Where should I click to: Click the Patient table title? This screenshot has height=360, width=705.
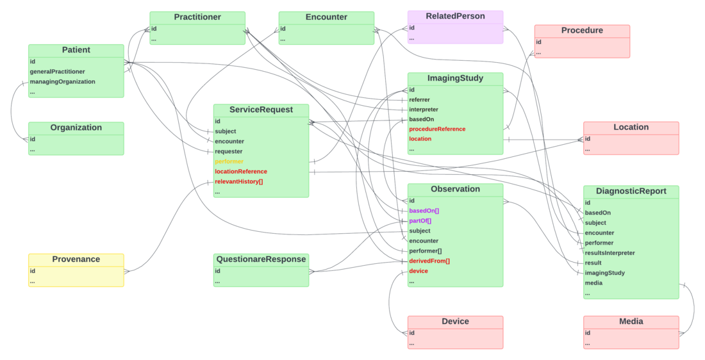coord(76,50)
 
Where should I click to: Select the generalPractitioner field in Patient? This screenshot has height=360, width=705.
coord(57,72)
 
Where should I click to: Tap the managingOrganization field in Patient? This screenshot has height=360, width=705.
coord(62,82)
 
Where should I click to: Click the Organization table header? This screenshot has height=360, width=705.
coord(76,127)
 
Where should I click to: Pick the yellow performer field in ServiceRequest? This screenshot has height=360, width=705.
coord(229,161)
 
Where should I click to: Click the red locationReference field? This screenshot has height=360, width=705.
coord(240,172)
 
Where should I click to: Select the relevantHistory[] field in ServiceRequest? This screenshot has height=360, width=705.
coord(238,182)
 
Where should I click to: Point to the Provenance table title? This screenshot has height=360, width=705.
coord(76,259)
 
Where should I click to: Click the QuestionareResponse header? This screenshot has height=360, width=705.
coord(261,259)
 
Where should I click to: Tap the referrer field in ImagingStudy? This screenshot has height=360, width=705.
coord(419,100)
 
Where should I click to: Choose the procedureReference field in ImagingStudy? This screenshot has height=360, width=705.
coord(437,129)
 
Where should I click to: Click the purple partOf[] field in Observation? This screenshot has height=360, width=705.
coord(420,221)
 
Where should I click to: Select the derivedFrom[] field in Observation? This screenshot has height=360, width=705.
coord(429,261)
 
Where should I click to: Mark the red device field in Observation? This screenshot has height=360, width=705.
coord(419,271)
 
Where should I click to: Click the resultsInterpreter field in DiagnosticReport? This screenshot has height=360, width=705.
coord(610,253)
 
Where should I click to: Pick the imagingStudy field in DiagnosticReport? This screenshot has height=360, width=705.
coord(604,273)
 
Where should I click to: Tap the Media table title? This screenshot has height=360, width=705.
coord(631,322)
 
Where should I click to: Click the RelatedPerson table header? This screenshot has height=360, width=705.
coord(455,16)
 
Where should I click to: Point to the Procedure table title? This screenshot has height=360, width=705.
coord(582,30)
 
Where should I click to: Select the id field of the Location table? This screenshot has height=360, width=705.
coord(588,139)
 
